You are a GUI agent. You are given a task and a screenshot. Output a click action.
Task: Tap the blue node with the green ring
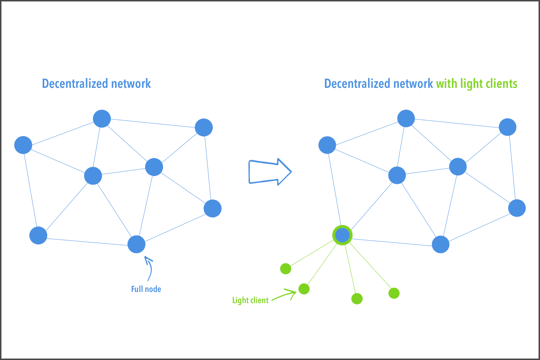point(342,235)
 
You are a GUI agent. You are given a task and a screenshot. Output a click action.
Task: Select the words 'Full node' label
point(146,289)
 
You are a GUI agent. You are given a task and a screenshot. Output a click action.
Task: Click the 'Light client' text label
point(250,300)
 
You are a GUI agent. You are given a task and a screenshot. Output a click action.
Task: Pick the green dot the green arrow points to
point(304,289)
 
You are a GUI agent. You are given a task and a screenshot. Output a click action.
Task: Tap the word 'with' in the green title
point(446,84)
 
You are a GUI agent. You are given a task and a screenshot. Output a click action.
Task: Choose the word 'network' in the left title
point(131,84)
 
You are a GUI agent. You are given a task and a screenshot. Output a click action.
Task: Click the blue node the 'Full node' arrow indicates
point(136,244)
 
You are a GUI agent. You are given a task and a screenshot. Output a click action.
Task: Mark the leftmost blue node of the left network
point(23,145)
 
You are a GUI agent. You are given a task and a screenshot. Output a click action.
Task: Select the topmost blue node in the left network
point(102,118)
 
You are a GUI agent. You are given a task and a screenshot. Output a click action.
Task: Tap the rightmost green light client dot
point(394,293)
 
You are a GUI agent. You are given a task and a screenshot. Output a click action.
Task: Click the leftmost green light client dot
point(285,269)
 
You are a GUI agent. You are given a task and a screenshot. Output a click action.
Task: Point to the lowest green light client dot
point(357,298)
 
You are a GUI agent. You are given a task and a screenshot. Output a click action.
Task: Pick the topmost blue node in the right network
point(406,118)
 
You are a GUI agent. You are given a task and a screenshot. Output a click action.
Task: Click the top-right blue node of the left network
point(204,127)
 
